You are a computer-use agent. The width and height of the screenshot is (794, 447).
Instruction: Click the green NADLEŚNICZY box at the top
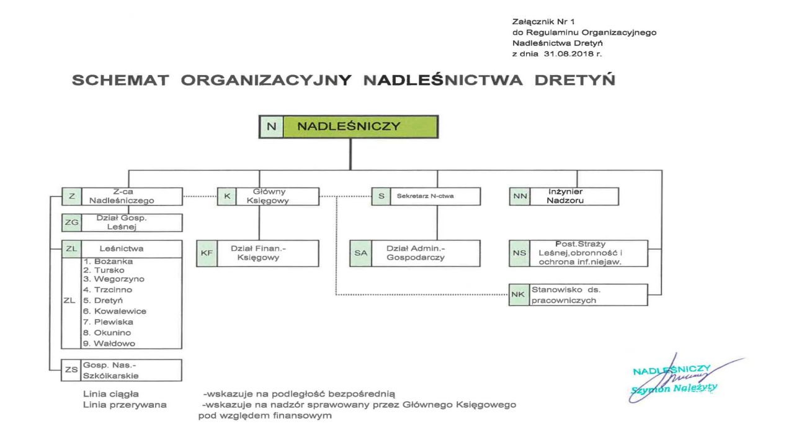point(360,127)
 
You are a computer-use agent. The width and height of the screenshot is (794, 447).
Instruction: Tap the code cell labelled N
point(271,127)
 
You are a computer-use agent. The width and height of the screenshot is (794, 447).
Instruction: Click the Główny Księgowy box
point(268,196)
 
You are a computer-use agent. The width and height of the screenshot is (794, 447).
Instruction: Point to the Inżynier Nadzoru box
point(564,196)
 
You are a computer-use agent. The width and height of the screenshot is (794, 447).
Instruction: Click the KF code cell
point(207,253)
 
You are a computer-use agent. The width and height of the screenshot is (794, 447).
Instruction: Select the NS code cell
point(519,253)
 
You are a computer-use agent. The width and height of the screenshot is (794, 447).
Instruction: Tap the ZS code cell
point(71,370)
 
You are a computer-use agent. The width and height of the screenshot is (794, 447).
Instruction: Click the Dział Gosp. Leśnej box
point(122,223)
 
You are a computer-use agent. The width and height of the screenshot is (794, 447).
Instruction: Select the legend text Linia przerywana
point(125,405)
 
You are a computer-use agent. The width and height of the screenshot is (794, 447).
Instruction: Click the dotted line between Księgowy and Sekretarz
point(345,196)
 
